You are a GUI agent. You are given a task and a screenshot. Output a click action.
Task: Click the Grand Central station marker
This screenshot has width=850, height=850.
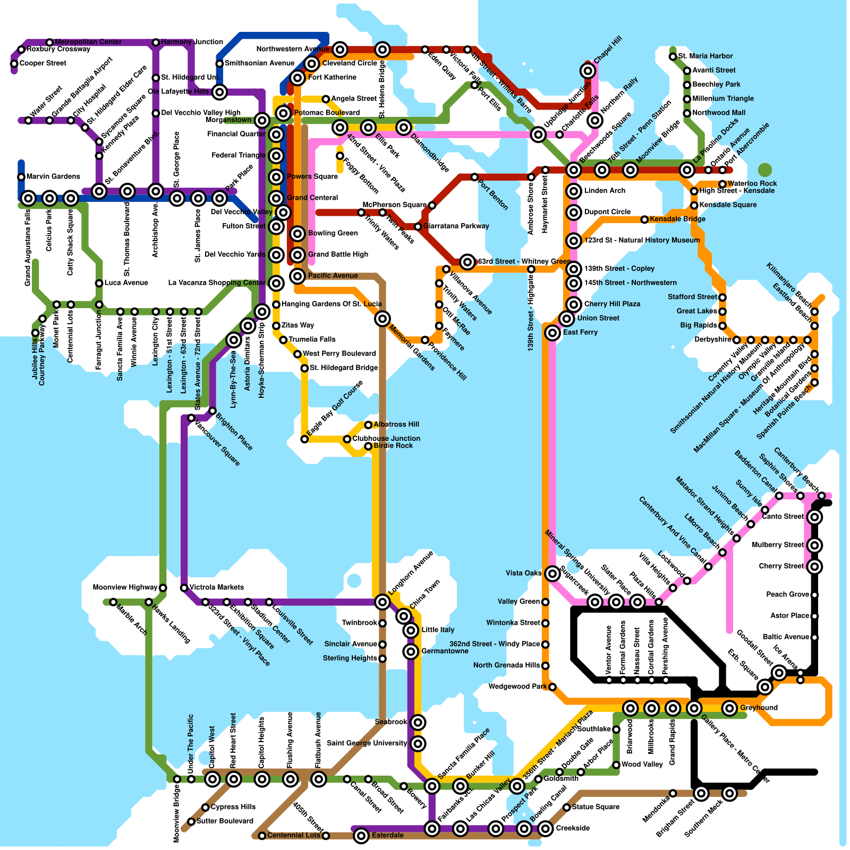coord(276,198)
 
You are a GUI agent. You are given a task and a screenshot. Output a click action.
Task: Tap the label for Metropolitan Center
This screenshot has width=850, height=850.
coord(88,42)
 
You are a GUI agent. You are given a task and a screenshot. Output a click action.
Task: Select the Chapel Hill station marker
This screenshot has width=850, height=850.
coord(588,70)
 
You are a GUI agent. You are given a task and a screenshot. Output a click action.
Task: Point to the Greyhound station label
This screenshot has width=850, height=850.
coord(759,708)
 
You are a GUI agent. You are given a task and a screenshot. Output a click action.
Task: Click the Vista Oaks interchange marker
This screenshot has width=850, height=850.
coord(552,573)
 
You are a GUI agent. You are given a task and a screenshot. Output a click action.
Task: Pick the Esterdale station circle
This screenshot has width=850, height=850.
coord(361,836)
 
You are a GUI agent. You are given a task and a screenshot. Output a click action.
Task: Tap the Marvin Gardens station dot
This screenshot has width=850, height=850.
coord(21,177)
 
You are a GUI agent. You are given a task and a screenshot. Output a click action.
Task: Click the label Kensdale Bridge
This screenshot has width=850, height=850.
coord(677,219)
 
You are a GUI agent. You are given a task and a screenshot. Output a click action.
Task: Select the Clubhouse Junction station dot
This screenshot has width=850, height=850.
coord(347,439)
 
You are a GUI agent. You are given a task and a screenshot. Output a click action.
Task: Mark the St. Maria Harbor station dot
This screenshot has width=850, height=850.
coord(673,56)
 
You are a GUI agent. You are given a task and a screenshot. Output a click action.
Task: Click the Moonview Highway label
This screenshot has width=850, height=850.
coord(125,588)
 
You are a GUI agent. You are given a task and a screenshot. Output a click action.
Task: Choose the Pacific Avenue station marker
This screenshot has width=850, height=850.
coord(297,276)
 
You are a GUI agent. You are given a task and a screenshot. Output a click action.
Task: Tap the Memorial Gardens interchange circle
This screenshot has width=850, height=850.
coord(382,319)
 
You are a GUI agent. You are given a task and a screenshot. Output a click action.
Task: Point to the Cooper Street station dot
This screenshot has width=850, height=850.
coord(14,64)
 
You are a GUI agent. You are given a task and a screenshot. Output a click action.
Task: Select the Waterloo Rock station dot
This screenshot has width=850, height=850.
coord(722,184)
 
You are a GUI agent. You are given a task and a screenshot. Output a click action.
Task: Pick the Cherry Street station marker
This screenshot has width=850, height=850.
coord(814,566)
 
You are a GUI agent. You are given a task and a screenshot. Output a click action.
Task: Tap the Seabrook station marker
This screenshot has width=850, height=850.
coord(418,722)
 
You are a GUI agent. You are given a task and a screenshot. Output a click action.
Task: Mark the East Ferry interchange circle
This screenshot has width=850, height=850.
coord(552,333)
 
